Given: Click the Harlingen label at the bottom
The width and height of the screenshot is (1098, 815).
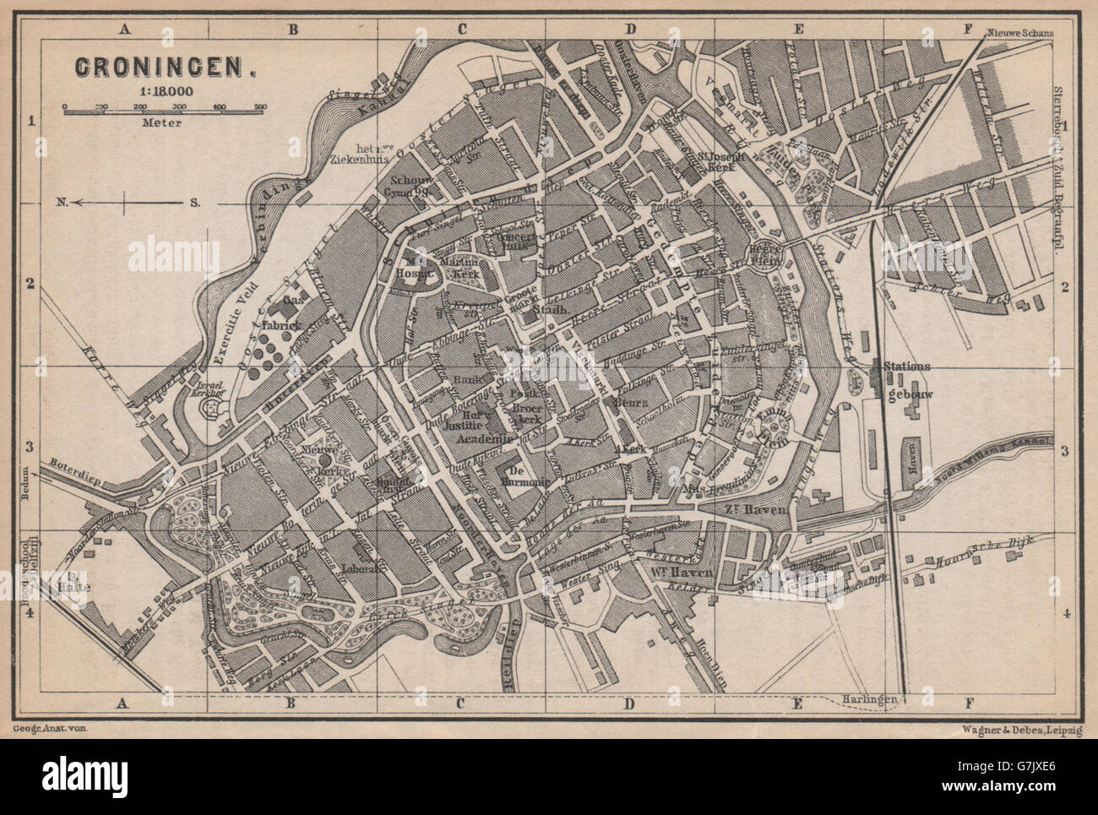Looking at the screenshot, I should pos(868,700).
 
